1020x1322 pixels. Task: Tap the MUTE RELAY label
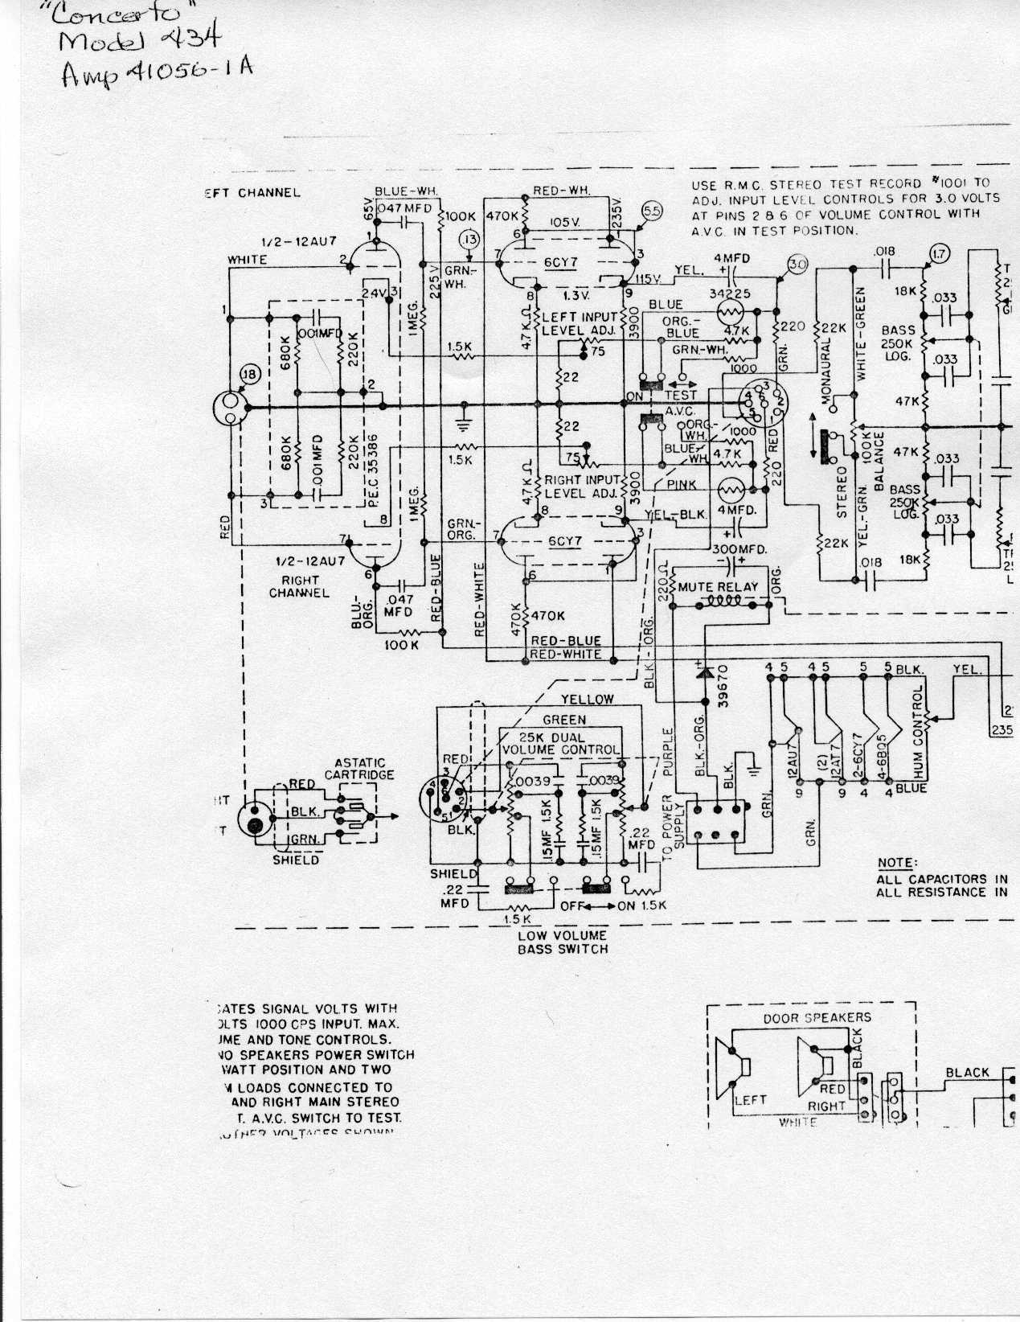coord(718,587)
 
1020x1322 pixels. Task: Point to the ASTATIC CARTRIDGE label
coord(359,769)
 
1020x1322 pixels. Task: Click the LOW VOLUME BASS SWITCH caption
coord(562,942)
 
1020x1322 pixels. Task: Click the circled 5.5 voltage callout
coord(651,211)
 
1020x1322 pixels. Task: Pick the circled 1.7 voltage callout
coord(938,255)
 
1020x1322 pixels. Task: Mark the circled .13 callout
coord(469,239)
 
